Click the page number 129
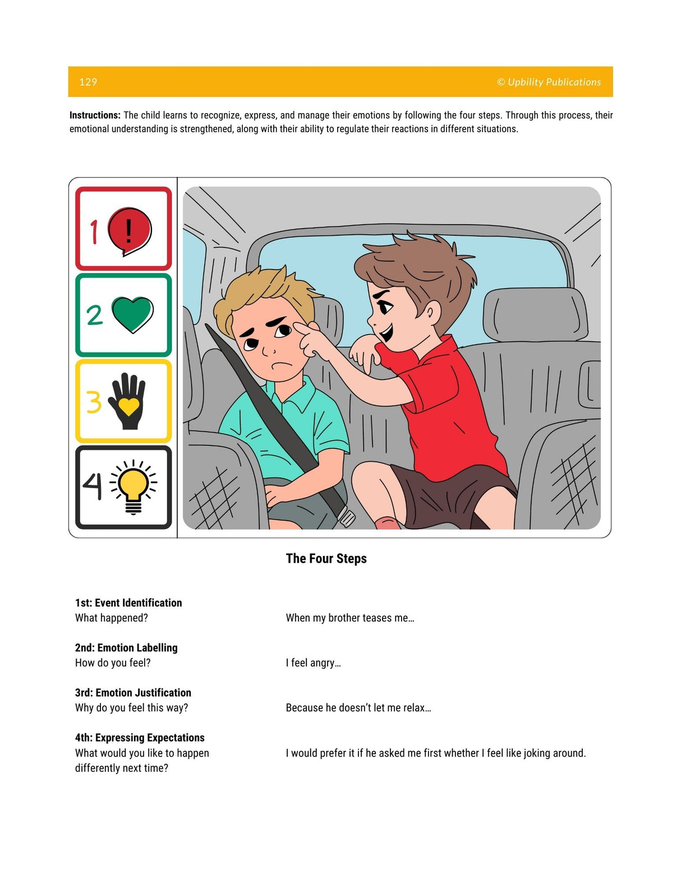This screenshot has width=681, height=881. (x=88, y=82)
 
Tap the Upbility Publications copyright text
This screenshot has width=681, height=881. (x=549, y=82)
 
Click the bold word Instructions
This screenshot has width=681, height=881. (x=95, y=115)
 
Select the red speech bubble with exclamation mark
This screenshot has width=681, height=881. (x=130, y=230)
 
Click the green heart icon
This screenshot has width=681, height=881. (x=132, y=314)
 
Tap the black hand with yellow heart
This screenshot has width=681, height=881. (x=128, y=401)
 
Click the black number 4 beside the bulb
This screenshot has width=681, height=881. (x=93, y=486)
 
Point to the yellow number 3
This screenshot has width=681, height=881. (x=93, y=401)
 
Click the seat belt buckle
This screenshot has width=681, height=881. (x=346, y=517)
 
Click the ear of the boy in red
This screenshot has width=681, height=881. (x=432, y=312)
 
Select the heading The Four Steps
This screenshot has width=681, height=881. (x=326, y=558)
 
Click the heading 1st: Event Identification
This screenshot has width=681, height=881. (x=128, y=602)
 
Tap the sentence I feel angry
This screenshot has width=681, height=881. (x=313, y=662)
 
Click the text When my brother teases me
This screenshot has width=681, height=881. (x=349, y=618)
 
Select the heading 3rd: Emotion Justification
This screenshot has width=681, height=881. (x=133, y=692)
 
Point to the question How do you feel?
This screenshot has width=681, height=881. (x=113, y=662)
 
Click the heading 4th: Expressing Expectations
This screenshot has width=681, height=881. (x=140, y=737)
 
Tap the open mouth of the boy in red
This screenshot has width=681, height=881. (x=386, y=333)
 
